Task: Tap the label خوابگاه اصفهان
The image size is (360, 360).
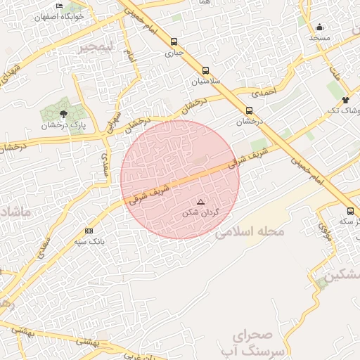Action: coord(60,15)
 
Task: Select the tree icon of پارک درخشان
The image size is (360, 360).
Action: coord(64,112)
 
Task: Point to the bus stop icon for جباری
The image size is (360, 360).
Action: coord(173,41)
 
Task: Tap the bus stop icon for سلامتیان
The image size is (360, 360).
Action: coord(205,70)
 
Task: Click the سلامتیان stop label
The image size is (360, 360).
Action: coord(205,81)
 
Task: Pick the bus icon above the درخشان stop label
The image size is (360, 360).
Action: coord(249,110)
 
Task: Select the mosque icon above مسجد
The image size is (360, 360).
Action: coord(320,27)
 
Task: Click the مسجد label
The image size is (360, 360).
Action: coord(320,37)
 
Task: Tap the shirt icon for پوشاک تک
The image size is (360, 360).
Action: coord(345,100)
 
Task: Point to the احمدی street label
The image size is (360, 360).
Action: coord(265,91)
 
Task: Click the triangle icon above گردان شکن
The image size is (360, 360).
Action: coord(200,202)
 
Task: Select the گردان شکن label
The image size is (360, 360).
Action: coord(201,212)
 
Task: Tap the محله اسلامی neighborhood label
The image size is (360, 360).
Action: coord(251,231)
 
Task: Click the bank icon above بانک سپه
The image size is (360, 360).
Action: coord(89,231)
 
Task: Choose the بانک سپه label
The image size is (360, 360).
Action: coord(89,241)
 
